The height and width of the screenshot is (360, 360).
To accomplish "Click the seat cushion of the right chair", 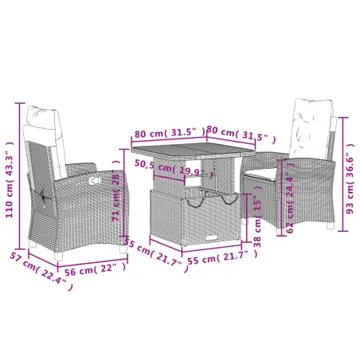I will pyautogui.click(x=263, y=168).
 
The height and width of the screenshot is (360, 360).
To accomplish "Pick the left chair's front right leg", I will pyautogui.click(x=121, y=249).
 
